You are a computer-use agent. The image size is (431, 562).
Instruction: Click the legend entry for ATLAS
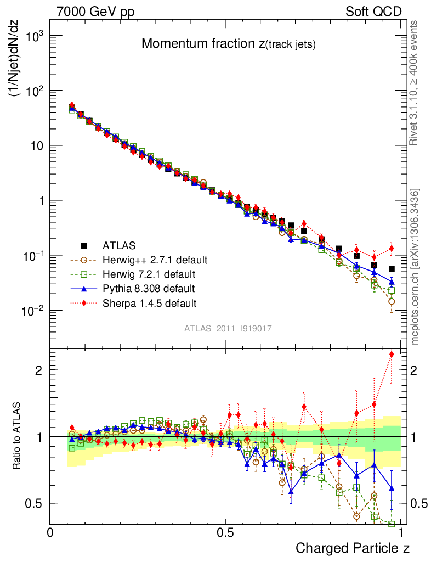pyautogui.click(x=120, y=245)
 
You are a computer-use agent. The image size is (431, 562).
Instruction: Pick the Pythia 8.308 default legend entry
pyautogui.click(x=148, y=288)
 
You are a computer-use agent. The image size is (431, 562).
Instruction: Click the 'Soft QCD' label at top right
pyautogui.click(x=373, y=12)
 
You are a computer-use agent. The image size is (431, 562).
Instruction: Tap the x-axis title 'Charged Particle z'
pyautogui.click(x=353, y=548)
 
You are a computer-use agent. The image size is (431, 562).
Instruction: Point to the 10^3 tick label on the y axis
pyautogui.click(x=32, y=36)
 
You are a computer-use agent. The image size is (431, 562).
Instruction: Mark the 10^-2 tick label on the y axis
pyautogui.click(x=32, y=311)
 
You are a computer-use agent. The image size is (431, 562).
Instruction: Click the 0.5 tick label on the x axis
pyautogui.click(x=225, y=532)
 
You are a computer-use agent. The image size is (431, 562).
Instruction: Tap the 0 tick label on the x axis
pyautogui.click(x=50, y=532)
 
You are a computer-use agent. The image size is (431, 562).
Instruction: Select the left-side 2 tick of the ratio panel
pyautogui.click(x=39, y=370)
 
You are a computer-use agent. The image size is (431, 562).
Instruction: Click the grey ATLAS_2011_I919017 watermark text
pyautogui.click(x=228, y=328)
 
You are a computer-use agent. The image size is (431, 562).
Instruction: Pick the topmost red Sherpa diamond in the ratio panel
pyautogui.click(x=392, y=354)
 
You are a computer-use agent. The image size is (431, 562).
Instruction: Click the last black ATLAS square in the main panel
pyautogui.click(x=392, y=268)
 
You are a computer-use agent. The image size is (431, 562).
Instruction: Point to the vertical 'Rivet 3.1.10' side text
pyautogui.click(x=414, y=82)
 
